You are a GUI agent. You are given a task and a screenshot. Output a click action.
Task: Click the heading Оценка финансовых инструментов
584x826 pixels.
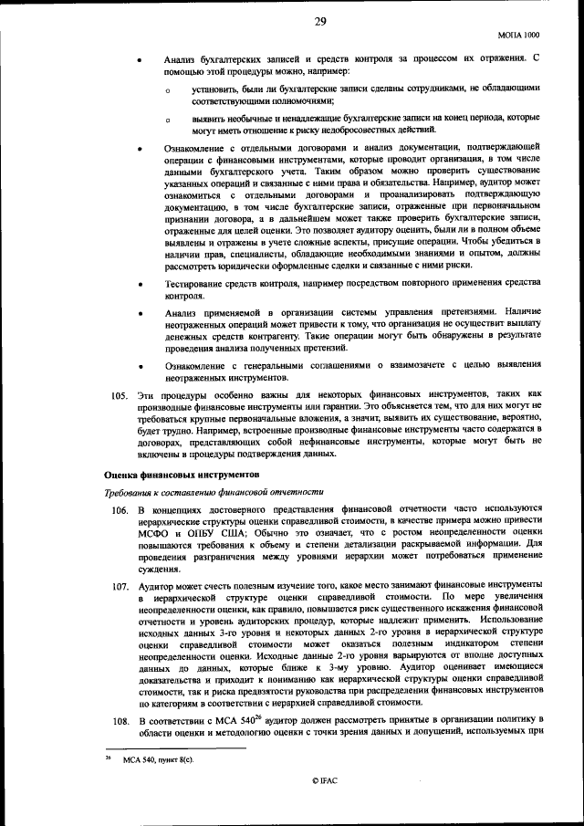pos(182,475)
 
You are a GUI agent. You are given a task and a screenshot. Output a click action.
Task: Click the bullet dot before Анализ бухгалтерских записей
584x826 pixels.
pos(139,60)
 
